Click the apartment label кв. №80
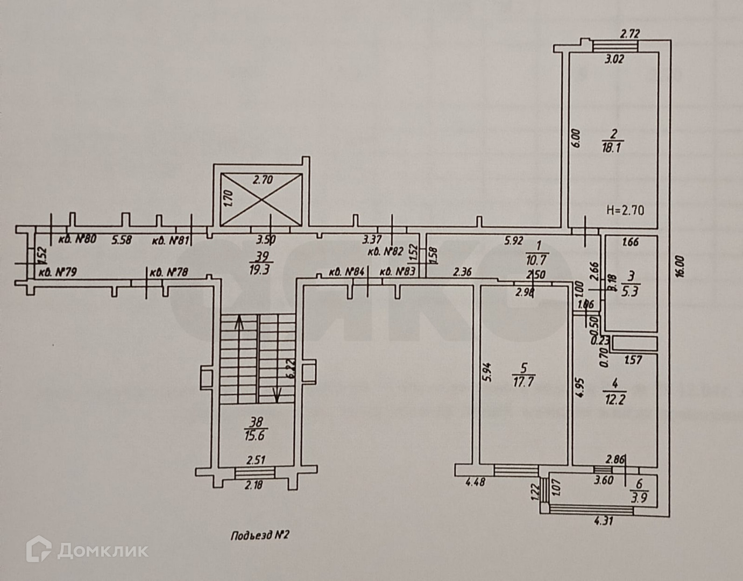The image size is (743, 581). click(x=76, y=239)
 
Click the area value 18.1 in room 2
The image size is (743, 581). click(x=612, y=148)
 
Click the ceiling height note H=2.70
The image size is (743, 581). click(x=625, y=210)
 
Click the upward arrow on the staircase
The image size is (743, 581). click(x=239, y=324)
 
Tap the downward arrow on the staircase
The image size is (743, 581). click(x=277, y=395)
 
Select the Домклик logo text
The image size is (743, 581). click(x=102, y=550)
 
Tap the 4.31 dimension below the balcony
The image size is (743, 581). click(x=603, y=521)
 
